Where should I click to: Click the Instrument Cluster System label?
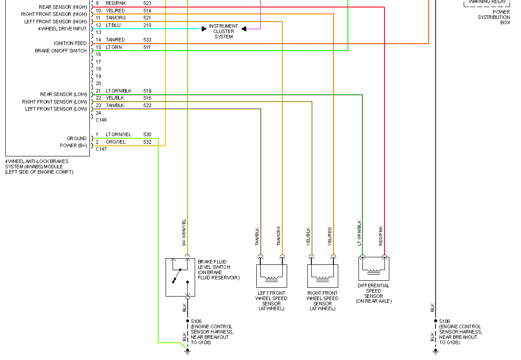tap(224, 31)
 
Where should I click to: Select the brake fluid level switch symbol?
tap(180, 277)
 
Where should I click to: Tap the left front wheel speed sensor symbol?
tap(271, 276)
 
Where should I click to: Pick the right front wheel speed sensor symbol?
tap(322, 276)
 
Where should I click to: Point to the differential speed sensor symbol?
tap(373, 269)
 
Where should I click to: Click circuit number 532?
tap(147, 142)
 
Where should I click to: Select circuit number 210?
tap(147, 25)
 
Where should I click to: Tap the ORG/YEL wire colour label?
tap(115, 142)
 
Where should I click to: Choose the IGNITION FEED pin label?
tap(70, 43)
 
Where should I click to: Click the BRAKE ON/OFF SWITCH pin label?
tap(61, 51)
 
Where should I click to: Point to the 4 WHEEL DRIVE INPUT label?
tap(62, 29)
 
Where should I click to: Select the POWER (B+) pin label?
tap(73, 145)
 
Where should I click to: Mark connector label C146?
tap(101, 120)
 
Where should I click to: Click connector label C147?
tap(101, 149)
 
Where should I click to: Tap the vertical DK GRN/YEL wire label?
tap(184, 232)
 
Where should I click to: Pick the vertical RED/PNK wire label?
tap(381, 235)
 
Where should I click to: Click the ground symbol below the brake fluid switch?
tap(187, 351)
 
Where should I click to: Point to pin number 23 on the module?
tap(98, 105)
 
